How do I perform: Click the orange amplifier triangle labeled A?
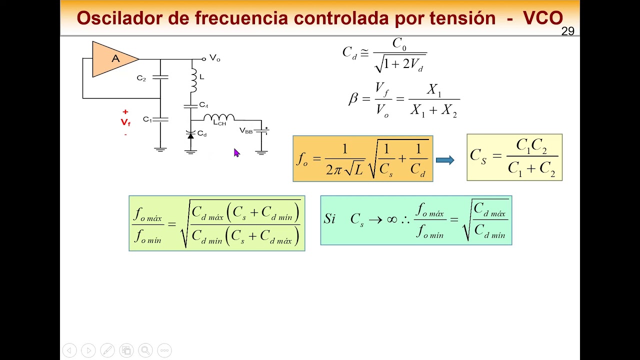click(x=114, y=59)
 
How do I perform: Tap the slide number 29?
click(x=567, y=31)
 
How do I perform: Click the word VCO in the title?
click(x=543, y=18)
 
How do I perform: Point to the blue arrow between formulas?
click(x=445, y=160)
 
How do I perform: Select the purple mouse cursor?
click(x=236, y=153)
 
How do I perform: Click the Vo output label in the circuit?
click(x=214, y=58)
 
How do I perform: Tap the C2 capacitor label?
click(x=141, y=78)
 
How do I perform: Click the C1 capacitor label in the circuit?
click(x=147, y=119)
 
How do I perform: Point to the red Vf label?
click(x=125, y=122)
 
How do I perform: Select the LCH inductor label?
click(x=220, y=123)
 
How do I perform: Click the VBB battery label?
click(x=246, y=131)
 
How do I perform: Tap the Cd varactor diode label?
click(x=202, y=133)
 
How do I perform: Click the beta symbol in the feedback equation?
click(x=353, y=98)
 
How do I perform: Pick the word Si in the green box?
click(x=329, y=219)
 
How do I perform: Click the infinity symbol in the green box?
click(x=392, y=219)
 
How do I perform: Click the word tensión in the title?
click(x=462, y=18)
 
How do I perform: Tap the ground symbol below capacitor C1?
click(x=160, y=149)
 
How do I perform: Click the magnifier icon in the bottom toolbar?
click(x=145, y=350)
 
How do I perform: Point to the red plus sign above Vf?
click(x=125, y=112)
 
